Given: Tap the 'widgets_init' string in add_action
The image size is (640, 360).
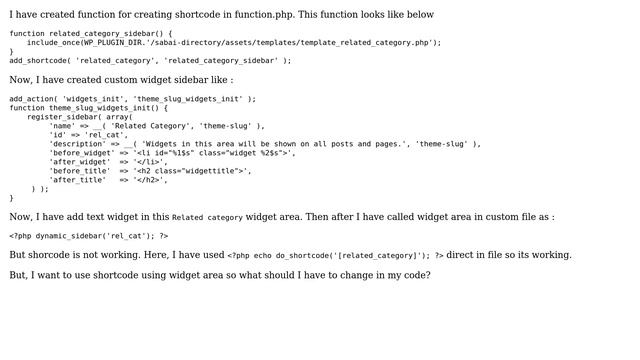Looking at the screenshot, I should tap(92, 99).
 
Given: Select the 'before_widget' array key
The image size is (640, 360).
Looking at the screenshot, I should tap(82, 153).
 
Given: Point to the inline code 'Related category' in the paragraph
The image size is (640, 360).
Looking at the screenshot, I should tap(207, 217).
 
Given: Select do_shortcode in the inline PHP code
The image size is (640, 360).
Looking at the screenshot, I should tap(294, 255).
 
